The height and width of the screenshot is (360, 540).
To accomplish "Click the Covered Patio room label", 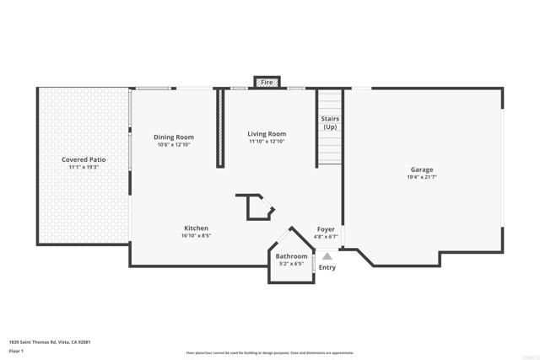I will tap(83, 159).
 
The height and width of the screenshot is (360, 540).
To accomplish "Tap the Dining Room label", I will tap(174, 137).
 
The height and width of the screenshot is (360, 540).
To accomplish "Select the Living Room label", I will tap(266, 134).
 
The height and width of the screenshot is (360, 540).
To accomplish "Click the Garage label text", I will tap(422, 169).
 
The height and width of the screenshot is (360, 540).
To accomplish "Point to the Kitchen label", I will tap(196, 228).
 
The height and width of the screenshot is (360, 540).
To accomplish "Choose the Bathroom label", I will tap(291, 255).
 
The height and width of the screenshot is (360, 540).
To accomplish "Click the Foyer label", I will tap(326, 228).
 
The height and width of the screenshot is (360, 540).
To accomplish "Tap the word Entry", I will tap(327, 268).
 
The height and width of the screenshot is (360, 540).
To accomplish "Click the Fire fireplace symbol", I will tap(267, 83).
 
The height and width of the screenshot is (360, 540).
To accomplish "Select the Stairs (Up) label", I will tap(330, 123).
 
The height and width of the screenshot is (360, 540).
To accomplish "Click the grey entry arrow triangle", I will tap(327, 255).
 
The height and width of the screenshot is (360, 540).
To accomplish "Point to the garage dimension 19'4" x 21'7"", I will tap(422, 177).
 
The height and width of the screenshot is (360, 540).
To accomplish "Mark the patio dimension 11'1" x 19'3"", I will tap(83, 167).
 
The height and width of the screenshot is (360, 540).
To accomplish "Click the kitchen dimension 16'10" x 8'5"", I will tap(196, 236).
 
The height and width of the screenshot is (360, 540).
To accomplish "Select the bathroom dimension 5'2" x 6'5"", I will tap(291, 263).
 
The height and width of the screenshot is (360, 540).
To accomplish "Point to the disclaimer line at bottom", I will tap(269, 353).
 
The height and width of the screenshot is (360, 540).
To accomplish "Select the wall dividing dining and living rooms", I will tap(220, 126).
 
